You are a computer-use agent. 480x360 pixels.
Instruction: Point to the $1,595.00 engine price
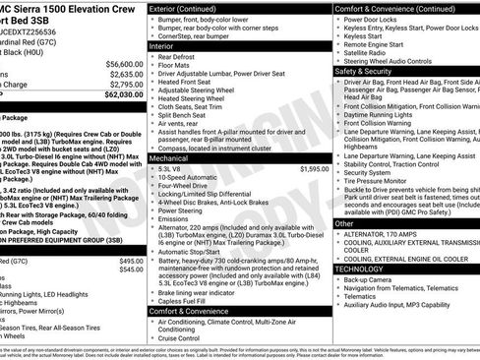(314, 169)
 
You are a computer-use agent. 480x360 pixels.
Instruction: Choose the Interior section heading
(161, 45)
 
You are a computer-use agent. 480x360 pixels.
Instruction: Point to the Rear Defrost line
(179, 58)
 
